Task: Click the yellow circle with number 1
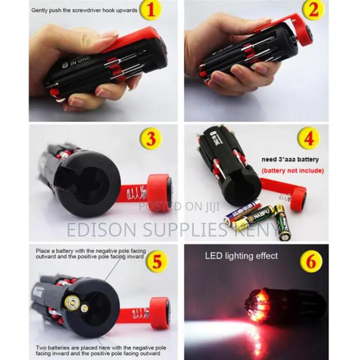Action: click(150, 10)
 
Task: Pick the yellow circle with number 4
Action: click(308, 139)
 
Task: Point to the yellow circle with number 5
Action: click(155, 261)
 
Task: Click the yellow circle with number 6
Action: click(311, 261)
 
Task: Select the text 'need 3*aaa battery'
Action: click(291, 159)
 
